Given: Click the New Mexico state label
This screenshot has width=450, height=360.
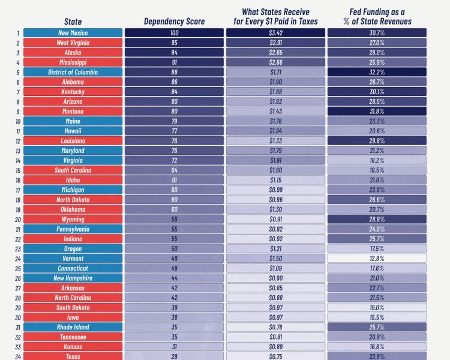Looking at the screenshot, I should tap(72, 33).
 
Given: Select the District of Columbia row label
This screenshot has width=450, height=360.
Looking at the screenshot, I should tap(72, 72).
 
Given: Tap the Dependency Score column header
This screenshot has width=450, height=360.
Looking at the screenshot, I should tap(174, 22).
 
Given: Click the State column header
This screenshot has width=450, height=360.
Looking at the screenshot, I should tap(73, 22).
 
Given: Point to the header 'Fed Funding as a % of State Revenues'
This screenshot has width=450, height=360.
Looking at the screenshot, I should tap(377, 16).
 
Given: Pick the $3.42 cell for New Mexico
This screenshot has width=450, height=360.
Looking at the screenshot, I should tap(275, 33).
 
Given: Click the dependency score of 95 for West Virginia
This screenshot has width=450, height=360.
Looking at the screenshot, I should tap(174, 43).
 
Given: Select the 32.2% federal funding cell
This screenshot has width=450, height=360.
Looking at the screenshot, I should tap(377, 72).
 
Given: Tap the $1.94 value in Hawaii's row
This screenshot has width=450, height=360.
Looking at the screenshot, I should tap(275, 131).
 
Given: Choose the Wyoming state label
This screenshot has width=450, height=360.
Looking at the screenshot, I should tap(72, 220).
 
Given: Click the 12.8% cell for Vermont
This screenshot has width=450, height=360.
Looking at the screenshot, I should tap(377, 259).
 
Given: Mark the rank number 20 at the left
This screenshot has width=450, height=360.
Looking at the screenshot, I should tap(19, 220).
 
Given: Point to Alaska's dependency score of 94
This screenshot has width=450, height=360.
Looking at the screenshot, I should tap(174, 52).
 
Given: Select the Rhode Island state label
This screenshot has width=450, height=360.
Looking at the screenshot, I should tap(72, 327).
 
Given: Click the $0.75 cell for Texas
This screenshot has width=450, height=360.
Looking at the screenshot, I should tap(275, 356).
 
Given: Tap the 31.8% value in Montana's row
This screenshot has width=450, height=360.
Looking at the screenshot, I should tap(377, 112).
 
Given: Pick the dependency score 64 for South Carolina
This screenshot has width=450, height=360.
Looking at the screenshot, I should tap(174, 170).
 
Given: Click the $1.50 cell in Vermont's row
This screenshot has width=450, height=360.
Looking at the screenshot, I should tap(275, 259).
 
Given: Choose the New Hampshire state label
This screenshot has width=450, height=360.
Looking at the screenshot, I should tap(72, 278).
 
